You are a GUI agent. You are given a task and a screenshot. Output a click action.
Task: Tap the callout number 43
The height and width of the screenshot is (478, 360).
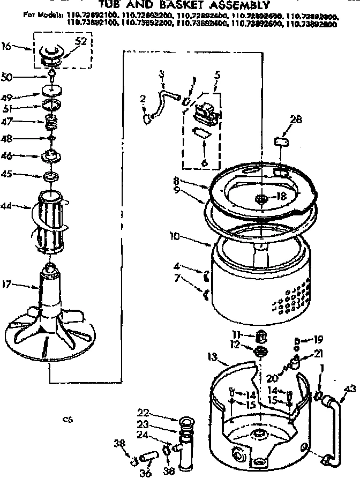tap(351, 389)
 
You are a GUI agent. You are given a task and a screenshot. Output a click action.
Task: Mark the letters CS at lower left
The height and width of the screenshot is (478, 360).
tap(67, 420)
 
